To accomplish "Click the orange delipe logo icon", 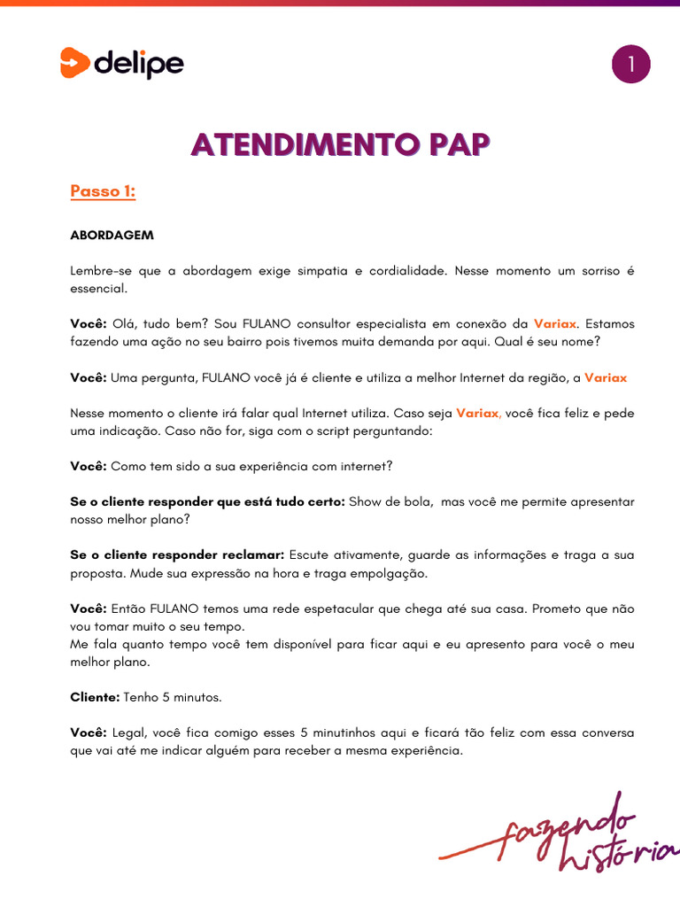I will click(x=75, y=63).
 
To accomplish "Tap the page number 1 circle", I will click(x=630, y=66).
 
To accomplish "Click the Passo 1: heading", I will click(x=103, y=191).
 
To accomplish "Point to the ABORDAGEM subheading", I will click(x=112, y=236).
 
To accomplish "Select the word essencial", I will click(x=98, y=289).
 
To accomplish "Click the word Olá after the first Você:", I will click(x=124, y=324).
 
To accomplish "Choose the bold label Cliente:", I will click(x=95, y=697).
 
